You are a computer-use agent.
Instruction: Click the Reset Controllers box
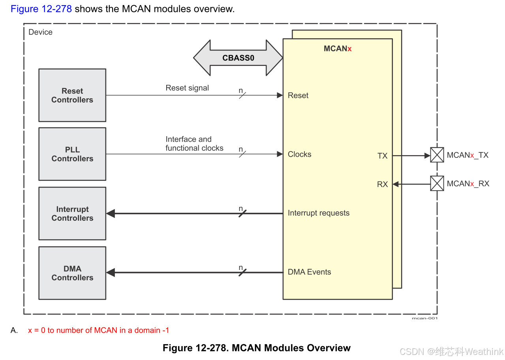pos(72,96)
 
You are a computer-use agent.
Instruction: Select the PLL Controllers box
pos(72,154)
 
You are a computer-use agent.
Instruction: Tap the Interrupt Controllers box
pos(72,214)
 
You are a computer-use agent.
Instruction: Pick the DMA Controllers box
pos(72,273)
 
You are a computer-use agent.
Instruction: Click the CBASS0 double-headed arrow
pos(238,58)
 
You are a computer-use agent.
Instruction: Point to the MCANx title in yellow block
pos(338,49)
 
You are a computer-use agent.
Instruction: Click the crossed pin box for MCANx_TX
pos(437,155)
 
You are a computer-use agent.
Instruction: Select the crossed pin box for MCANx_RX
pos(437,184)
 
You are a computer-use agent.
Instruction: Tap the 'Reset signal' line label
pos(187,88)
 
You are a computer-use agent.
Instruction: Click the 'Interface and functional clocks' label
pos(194,144)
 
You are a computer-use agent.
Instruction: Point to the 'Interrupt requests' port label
pos(319,213)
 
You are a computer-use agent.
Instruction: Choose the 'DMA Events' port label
pos(309,272)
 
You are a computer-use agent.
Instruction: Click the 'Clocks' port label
pos(299,154)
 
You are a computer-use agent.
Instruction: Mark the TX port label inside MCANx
pos(382,156)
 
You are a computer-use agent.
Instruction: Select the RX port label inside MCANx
pos(382,184)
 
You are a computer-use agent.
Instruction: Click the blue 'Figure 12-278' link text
pos(41,9)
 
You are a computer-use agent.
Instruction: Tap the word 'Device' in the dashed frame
pos(40,32)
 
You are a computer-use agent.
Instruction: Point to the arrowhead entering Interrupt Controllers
pos(111,214)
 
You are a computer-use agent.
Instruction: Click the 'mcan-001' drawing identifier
pos(424,318)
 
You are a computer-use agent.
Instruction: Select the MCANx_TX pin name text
pos(467,155)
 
